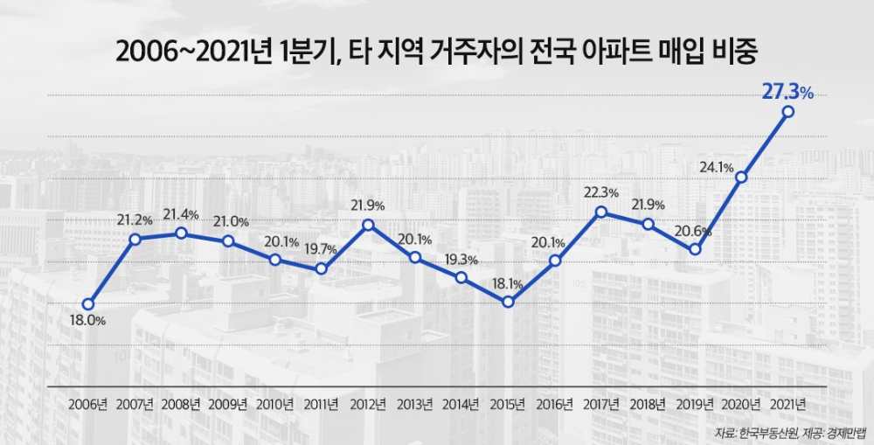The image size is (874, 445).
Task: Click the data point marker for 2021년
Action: click(788, 112)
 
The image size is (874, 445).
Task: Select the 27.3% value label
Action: click(787, 91)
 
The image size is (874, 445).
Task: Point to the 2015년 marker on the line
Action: click(508, 302)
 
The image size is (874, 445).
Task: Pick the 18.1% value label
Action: click(507, 283)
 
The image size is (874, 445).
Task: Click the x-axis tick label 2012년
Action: click(368, 404)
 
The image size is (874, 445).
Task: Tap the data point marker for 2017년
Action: click(601, 212)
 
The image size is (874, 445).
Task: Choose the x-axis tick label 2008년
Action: click(181, 404)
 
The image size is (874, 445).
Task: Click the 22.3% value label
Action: click(601, 192)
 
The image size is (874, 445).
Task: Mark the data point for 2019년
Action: click(695, 249)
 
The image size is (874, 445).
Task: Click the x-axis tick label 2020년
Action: click(742, 404)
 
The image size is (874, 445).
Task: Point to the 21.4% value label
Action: click(182, 214)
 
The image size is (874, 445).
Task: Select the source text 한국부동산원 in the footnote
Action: click(760, 433)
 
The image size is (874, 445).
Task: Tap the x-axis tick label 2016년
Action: click(555, 404)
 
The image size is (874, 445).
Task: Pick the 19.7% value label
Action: click(321, 249)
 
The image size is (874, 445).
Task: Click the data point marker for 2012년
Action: click(368, 225)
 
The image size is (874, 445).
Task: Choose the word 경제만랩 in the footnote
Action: click(839, 433)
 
